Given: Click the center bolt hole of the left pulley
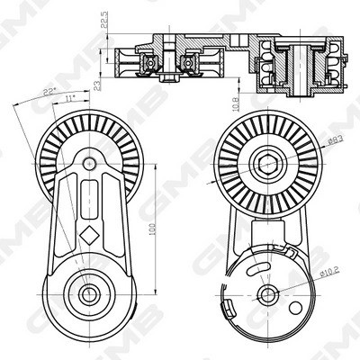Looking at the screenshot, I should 88,164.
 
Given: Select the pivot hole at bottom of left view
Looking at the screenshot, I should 89,293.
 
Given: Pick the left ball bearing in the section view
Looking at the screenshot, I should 150,62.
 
